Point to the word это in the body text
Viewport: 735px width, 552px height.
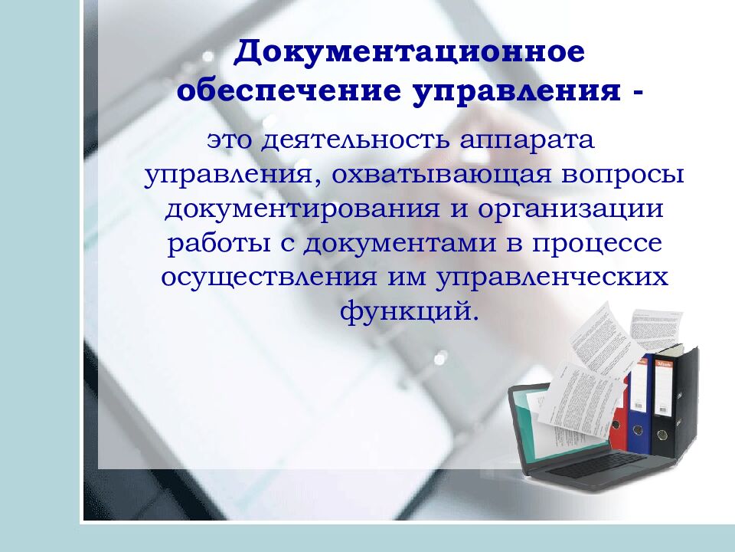pyautogui.click(x=229, y=141)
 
